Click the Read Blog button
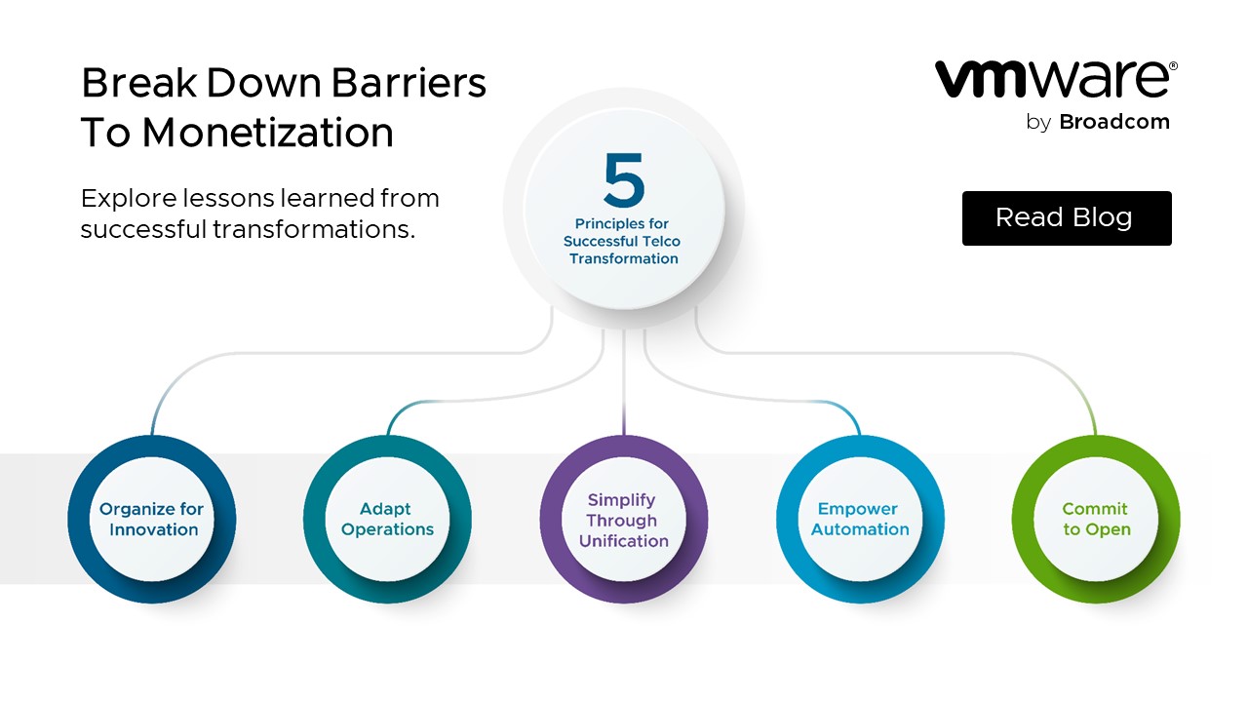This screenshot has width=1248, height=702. [x=1066, y=217]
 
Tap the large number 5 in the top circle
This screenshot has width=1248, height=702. [x=624, y=181]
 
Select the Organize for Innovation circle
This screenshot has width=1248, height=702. [x=152, y=520]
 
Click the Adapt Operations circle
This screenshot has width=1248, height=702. [x=387, y=520]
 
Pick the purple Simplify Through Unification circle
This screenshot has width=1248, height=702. [x=623, y=520]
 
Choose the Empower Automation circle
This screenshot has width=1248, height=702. [x=860, y=520]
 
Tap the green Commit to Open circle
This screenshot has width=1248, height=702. [x=1095, y=520]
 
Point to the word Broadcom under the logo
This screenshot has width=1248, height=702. [x=1113, y=122]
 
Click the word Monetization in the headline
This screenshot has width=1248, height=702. [x=267, y=133]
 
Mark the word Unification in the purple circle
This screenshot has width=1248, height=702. [x=623, y=540]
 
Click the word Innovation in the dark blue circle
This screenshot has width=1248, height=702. [x=153, y=529]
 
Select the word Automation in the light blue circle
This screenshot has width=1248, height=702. [x=860, y=529]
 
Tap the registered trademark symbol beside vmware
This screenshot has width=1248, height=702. [x=1173, y=66]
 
